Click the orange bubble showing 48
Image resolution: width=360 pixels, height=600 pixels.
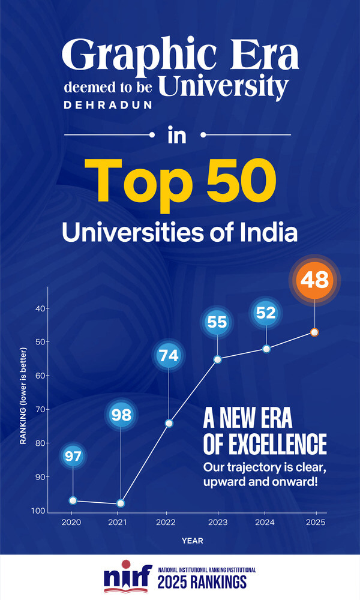click(314, 281)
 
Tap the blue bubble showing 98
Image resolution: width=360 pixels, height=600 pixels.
click(121, 414)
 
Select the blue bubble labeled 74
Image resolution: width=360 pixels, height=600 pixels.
click(169, 356)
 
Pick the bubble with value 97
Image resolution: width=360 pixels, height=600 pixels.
click(73, 456)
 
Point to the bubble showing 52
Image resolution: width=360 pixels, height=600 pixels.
click(266, 312)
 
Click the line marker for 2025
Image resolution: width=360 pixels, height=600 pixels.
click(314, 332)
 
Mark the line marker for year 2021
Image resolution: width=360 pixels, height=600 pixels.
click(121, 503)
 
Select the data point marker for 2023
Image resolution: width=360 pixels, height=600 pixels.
click(217, 359)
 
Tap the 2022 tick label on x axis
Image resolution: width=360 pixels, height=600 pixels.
click(169, 523)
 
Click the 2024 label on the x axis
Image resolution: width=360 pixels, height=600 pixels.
click(266, 523)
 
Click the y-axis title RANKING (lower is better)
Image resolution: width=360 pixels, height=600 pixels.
click(23, 395)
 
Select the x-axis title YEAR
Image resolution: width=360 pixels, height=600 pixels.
click(193, 541)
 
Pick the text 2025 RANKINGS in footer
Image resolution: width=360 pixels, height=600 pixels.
click(202, 583)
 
